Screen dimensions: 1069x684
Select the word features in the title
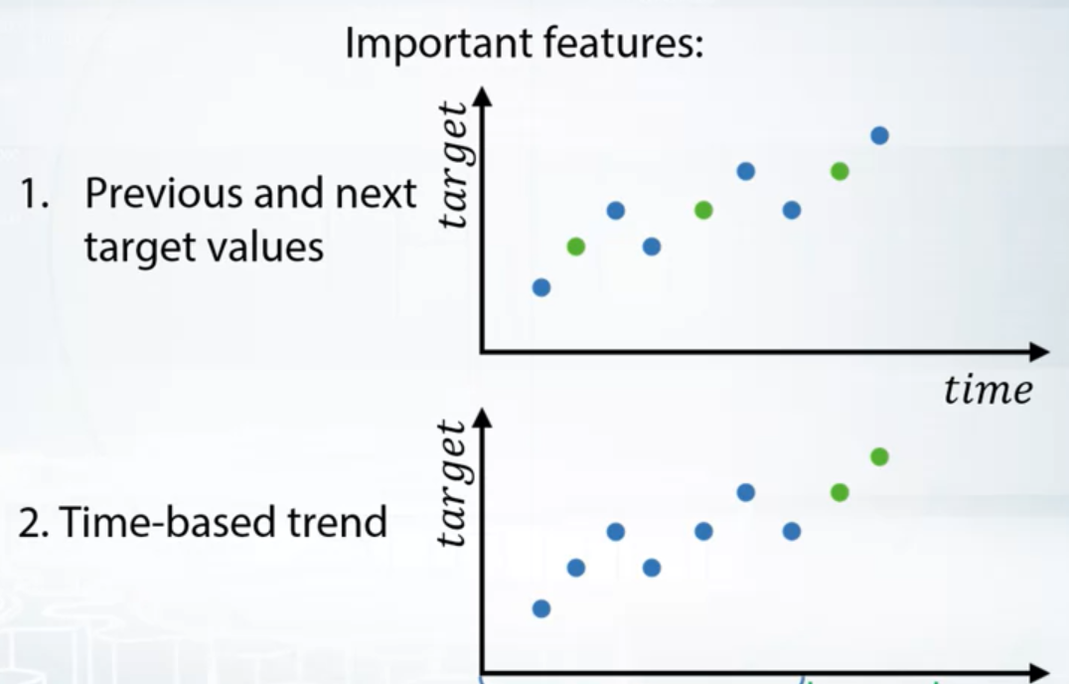[x=623, y=44]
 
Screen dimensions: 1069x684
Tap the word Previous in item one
[x=164, y=193]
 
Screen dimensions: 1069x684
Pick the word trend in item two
[x=337, y=522]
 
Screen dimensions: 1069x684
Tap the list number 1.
[x=34, y=193]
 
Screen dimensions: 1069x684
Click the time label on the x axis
[x=988, y=391]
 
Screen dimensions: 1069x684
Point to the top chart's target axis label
[x=453, y=165]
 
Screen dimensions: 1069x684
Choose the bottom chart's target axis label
[x=453, y=484]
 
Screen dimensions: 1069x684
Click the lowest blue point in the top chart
[x=541, y=287]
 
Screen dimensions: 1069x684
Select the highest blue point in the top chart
[x=879, y=136]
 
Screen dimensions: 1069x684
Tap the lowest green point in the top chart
[x=576, y=247]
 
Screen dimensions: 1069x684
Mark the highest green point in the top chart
[x=840, y=171]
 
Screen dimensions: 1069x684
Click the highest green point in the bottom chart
[x=879, y=457]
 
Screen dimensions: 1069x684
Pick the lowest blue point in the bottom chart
[x=541, y=609]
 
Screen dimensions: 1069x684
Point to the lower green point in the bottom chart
[x=840, y=492]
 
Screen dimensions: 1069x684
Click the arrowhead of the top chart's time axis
[x=1038, y=352]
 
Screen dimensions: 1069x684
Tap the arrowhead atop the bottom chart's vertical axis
[x=482, y=418]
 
